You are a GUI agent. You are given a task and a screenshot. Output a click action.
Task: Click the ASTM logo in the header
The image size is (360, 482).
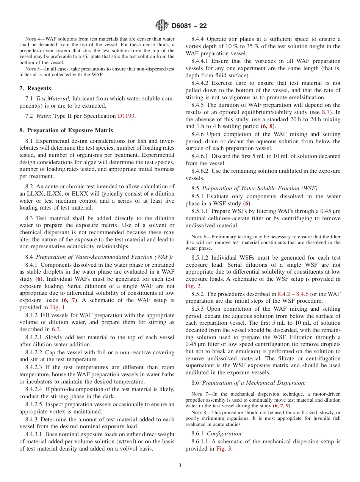(162, 26)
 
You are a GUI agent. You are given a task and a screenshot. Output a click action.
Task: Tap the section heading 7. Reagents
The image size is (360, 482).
(35, 88)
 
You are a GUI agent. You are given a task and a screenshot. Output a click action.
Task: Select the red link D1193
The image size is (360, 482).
(126, 116)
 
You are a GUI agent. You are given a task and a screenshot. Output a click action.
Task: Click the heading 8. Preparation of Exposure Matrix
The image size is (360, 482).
(66, 130)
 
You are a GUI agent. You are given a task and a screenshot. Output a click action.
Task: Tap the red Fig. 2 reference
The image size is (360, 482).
(193, 286)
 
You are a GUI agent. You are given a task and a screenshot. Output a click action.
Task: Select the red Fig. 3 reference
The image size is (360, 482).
(224, 449)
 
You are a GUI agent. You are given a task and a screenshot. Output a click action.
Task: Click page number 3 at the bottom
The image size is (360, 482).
(180, 466)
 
